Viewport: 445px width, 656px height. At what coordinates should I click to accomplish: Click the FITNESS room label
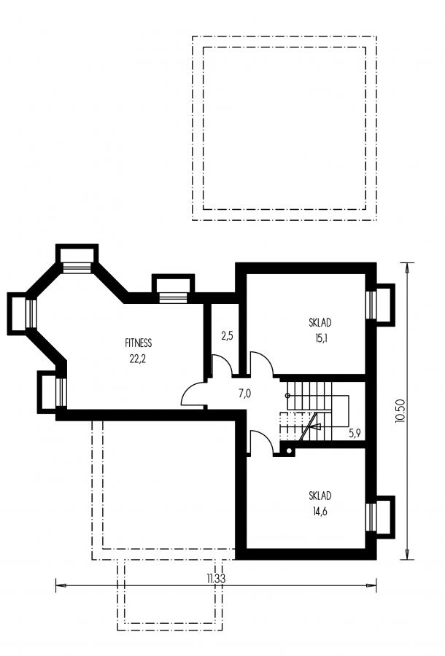coord(138,343)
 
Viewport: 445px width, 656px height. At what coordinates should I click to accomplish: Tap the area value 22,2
coord(137,359)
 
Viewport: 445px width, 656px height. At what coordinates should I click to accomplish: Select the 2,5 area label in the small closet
coord(227,335)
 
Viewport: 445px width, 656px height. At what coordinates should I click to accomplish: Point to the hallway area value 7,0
coord(244,394)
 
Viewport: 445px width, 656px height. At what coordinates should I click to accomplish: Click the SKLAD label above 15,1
coord(320,323)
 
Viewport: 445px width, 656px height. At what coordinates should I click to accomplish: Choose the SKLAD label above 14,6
coord(320,496)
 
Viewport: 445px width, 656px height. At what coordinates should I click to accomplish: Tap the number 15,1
coord(321,338)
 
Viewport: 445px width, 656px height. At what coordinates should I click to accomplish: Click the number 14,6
coord(321,511)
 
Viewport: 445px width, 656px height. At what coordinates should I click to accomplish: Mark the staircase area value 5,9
coord(355,434)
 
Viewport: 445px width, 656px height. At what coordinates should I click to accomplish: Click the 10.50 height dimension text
coord(399,411)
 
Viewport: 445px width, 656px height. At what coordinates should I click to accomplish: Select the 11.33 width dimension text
coord(216,579)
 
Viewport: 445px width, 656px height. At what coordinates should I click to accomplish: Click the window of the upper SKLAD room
coord(371,305)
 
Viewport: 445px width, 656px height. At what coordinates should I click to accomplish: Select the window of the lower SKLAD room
coord(371,517)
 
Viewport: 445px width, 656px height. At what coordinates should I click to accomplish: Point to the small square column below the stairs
coord(287,450)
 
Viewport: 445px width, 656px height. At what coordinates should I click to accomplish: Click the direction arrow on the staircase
coord(310,426)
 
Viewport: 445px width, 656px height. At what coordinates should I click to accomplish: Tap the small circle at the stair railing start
coord(287,395)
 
